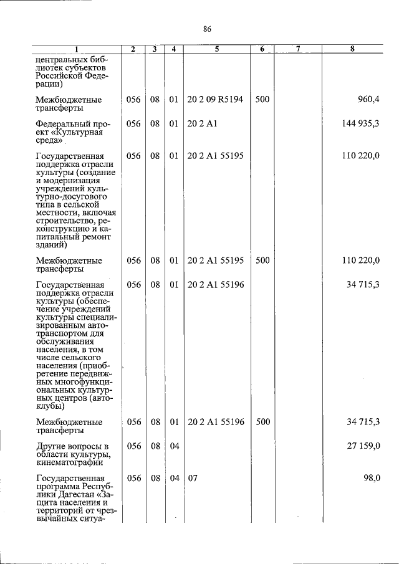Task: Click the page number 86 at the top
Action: click(x=208, y=29)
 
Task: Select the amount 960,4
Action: click(x=368, y=99)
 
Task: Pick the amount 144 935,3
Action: click(x=360, y=123)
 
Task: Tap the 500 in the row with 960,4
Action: click(x=262, y=99)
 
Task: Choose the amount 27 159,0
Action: click(x=364, y=446)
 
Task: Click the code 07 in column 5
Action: click(x=193, y=478)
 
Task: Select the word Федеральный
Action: click(x=63, y=123)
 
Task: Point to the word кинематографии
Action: click(x=69, y=462)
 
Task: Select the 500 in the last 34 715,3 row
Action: click(x=262, y=422)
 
